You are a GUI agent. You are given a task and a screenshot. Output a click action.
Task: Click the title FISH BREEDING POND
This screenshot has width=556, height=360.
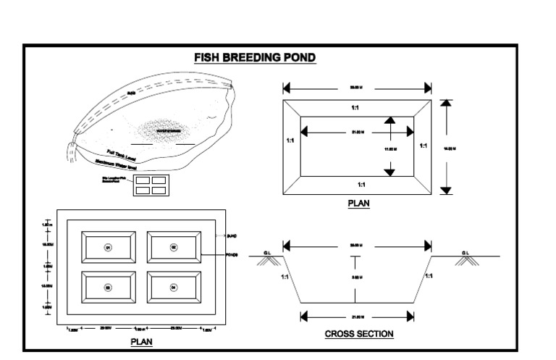[x=254, y=57]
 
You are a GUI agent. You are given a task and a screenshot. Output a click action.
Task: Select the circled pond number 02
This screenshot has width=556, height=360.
[x=174, y=247]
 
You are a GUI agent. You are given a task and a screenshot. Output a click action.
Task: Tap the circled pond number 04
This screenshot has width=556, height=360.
[x=174, y=288]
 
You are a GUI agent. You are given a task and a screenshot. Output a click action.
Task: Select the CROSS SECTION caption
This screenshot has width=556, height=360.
[x=358, y=334]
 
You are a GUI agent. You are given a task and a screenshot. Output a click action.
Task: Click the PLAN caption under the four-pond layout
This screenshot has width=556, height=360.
[x=141, y=341]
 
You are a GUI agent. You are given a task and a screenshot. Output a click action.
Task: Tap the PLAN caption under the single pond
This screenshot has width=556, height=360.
[x=358, y=204]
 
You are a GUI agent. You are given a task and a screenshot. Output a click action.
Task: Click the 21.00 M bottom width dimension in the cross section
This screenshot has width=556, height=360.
[x=357, y=316]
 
